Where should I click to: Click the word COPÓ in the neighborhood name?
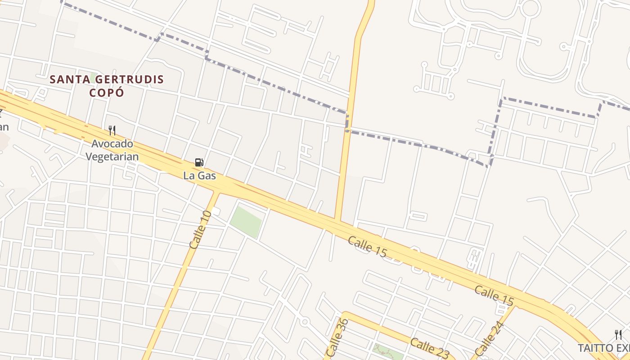[106, 93]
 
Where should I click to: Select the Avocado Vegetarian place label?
[112, 150]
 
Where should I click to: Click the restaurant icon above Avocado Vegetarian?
[112, 130]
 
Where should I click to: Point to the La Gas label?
[199, 175]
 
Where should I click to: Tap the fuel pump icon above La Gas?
[199, 162]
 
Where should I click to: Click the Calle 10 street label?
[200, 229]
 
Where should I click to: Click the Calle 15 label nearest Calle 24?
[494, 294]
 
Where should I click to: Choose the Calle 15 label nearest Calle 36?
[367, 247]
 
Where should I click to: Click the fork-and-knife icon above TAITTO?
[618, 334]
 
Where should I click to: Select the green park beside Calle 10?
[246, 222]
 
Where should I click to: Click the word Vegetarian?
[112, 156]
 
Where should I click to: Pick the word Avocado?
[112, 144]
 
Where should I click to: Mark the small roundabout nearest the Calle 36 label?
[305, 322]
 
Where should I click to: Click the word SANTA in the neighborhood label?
[67, 80]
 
